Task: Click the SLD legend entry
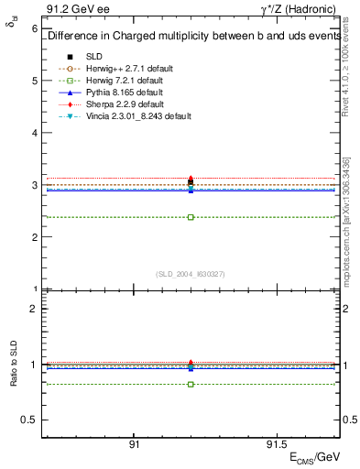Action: (94, 56)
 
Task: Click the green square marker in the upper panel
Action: (191, 217)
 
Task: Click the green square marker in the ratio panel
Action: (191, 384)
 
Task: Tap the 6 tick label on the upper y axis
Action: (35, 28)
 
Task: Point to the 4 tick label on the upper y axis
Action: (35, 133)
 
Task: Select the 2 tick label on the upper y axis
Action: (35, 237)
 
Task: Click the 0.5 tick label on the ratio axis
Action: (30, 420)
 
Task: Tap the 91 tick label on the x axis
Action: (134, 443)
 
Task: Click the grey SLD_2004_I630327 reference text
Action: (191, 273)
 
